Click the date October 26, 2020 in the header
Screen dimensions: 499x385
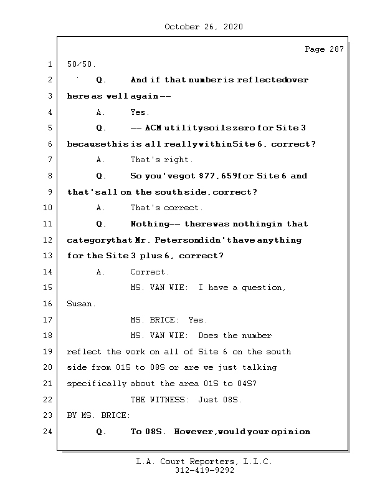click(204, 27)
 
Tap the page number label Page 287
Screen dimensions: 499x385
click(324, 49)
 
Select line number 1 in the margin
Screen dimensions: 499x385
click(49, 64)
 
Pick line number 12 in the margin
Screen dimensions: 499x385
click(47, 240)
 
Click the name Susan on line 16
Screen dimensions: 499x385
click(81, 304)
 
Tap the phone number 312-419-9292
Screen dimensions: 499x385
click(204, 471)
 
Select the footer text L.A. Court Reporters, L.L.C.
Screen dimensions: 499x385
click(204, 462)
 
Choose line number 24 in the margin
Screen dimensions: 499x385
click(47, 432)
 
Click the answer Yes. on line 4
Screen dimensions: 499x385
click(140, 112)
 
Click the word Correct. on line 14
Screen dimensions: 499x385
click(150, 272)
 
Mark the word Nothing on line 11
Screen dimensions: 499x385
click(149, 224)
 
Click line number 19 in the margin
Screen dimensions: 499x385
click(47, 352)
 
